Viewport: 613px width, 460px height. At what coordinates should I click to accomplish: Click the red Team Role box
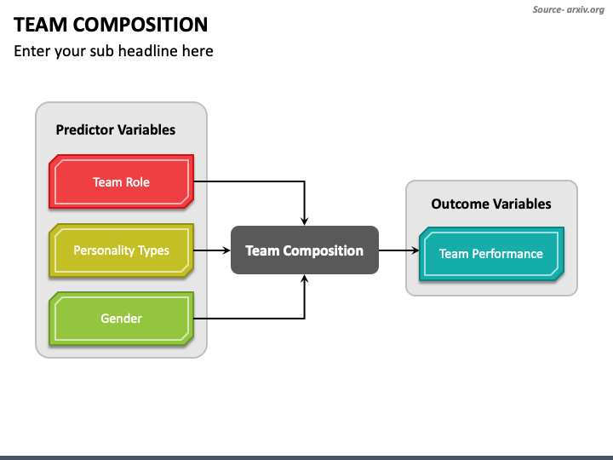[x=121, y=181]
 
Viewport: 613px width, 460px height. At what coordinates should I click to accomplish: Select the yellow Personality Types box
[x=121, y=250]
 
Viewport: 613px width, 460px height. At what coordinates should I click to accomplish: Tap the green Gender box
[x=121, y=319]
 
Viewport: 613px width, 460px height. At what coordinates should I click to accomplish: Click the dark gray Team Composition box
[x=305, y=250]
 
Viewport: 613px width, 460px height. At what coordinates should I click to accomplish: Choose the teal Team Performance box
[x=491, y=254]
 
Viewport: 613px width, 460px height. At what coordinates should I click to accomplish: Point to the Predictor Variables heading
[x=115, y=129]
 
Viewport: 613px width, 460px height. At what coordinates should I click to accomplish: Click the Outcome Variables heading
[x=491, y=204]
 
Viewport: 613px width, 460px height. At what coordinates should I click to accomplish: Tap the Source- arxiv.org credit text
[x=569, y=9]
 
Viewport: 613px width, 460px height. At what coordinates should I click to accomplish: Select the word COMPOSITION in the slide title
[x=140, y=25]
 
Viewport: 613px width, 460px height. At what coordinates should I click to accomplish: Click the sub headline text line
[x=113, y=51]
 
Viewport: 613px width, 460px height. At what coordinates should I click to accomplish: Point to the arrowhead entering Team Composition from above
[x=305, y=221]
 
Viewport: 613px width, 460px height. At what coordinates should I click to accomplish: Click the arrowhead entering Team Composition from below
[x=305, y=279]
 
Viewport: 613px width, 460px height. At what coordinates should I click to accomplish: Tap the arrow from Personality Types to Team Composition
[x=212, y=250]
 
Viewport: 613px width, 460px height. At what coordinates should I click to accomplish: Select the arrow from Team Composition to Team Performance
[x=398, y=250]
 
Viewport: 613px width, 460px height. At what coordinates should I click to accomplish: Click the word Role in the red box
[x=137, y=182]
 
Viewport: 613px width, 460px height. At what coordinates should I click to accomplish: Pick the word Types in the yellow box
[x=155, y=250]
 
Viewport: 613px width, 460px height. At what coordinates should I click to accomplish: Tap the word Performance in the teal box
[x=507, y=254]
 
